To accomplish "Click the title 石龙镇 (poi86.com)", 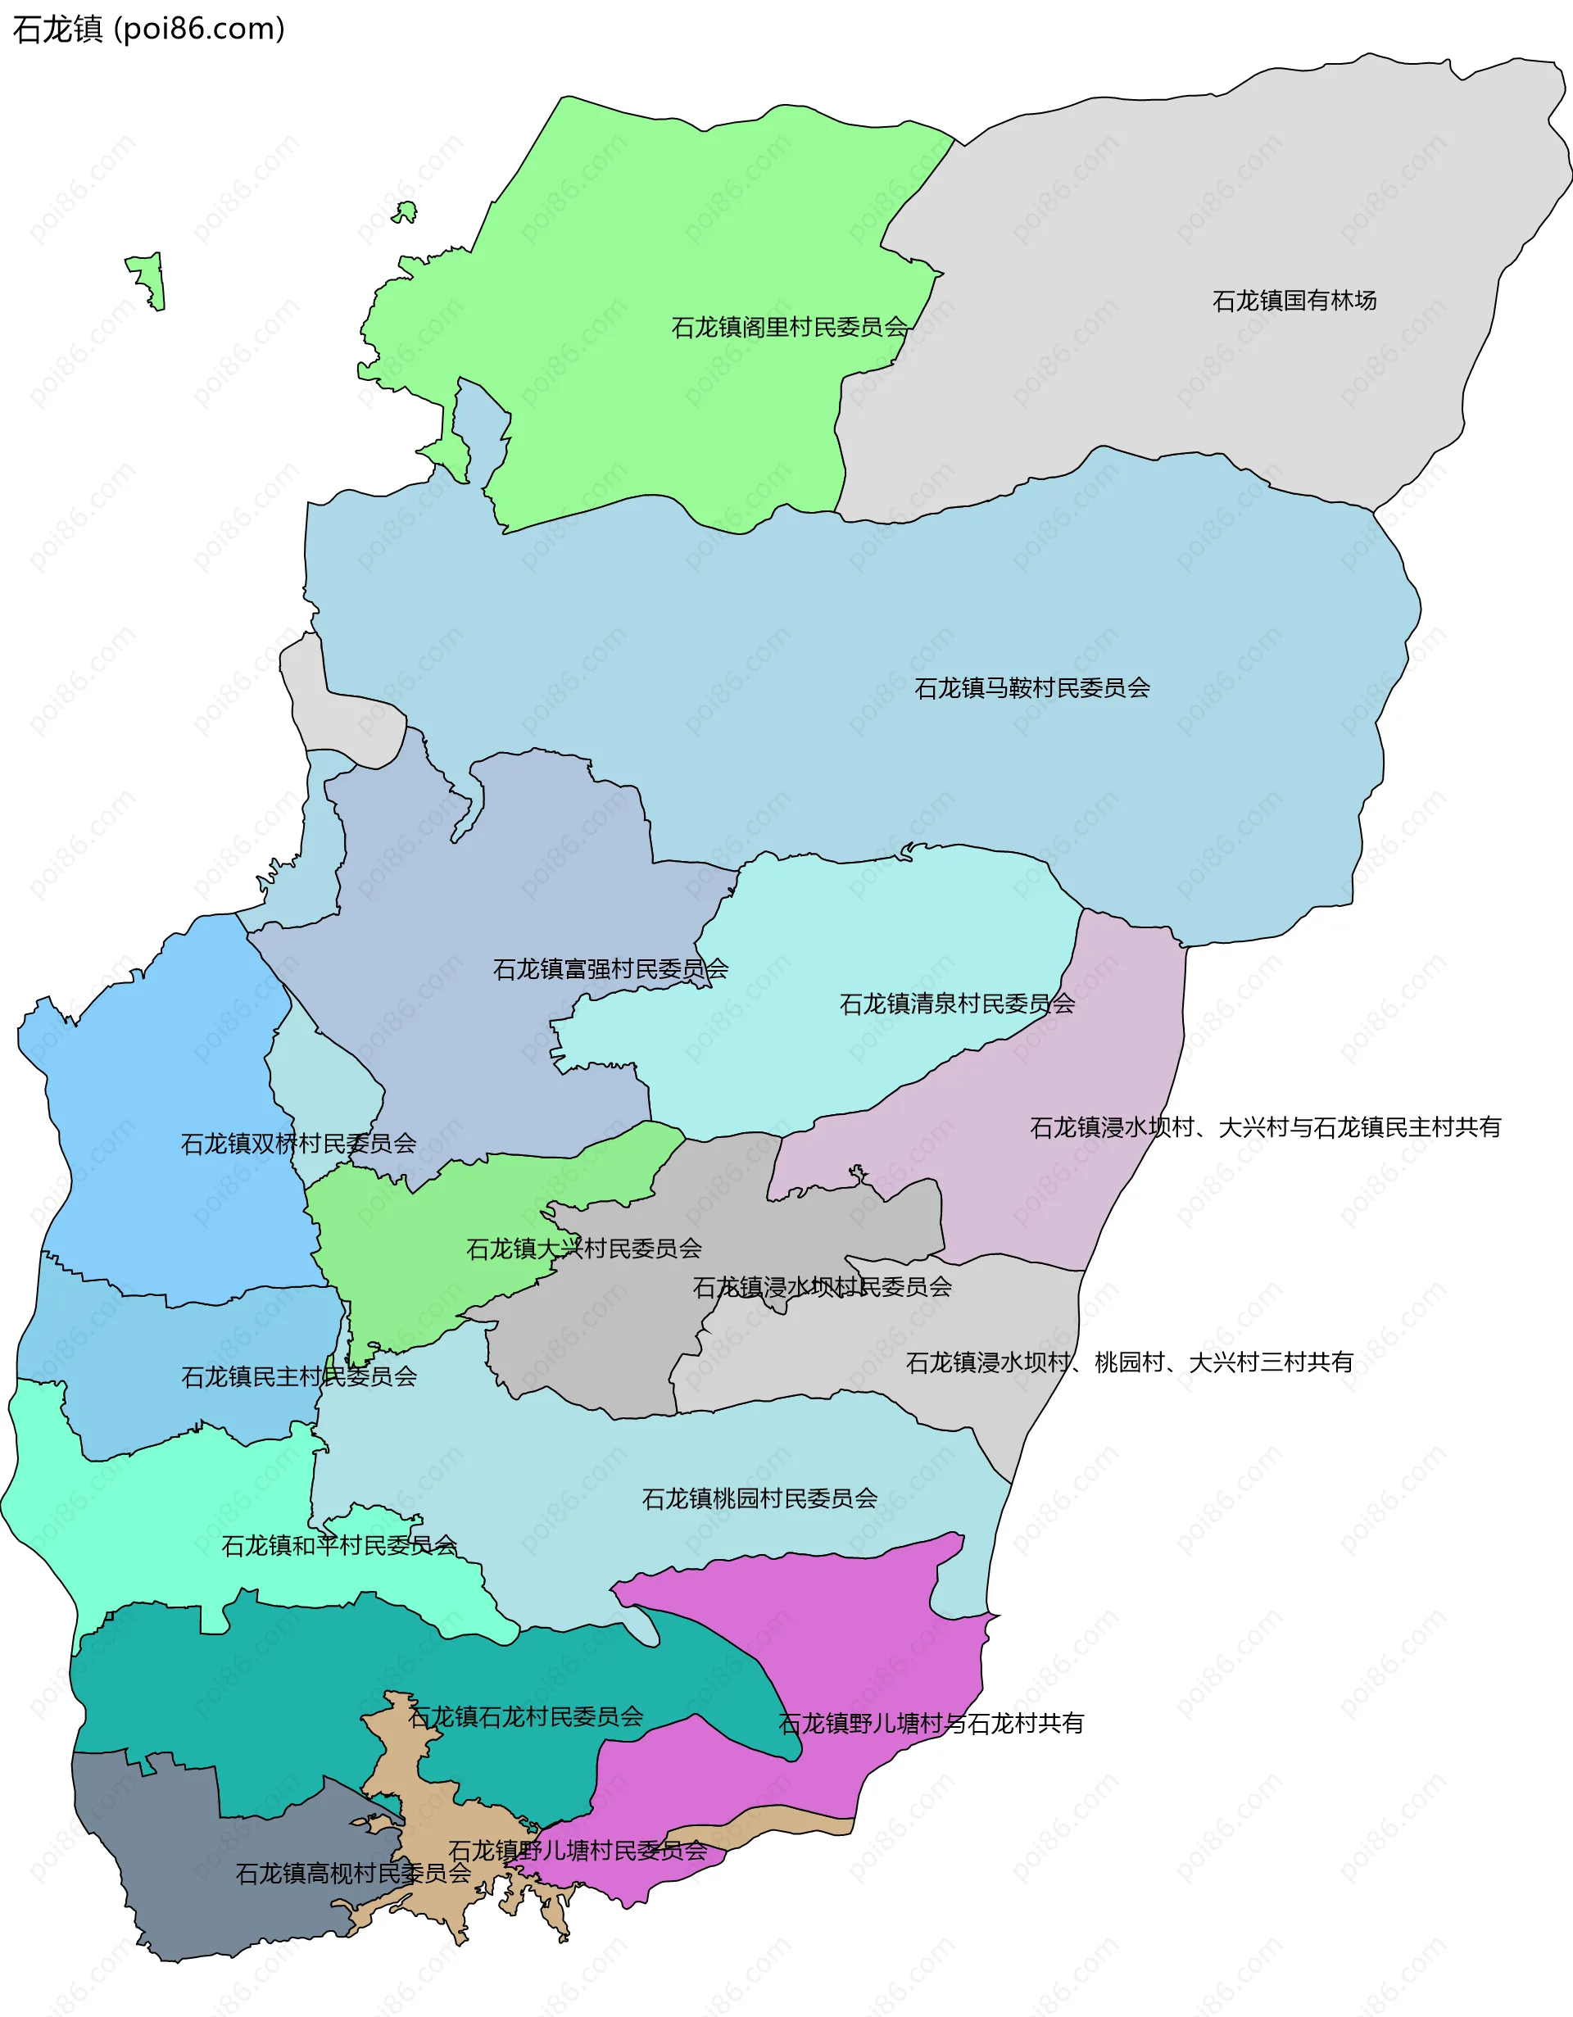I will pyautogui.click(x=147, y=29).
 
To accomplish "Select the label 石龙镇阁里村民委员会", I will pyautogui.click(x=789, y=327).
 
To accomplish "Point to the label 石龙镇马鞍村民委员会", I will pyautogui.click(x=1031, y=687).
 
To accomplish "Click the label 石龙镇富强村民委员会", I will pyautogui.click(x=610, y=969).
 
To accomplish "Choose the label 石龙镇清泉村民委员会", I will pyautogui.click(x=956, y=1003).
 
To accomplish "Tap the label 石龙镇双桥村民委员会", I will pyautogui.click(x=297, y=1144).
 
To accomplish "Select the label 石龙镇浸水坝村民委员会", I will pyautogui.click(x=821, y=1286).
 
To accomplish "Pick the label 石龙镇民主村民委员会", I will pyautogui.click(x=298, y=1376).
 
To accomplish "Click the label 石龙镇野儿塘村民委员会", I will pyautogui.click(x=577, y=1850).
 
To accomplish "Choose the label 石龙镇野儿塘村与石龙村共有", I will pyautogui.click(x=930, y=1724).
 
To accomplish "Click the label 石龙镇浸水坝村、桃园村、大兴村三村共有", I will pyautogui.click(x=1129, y=1362).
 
